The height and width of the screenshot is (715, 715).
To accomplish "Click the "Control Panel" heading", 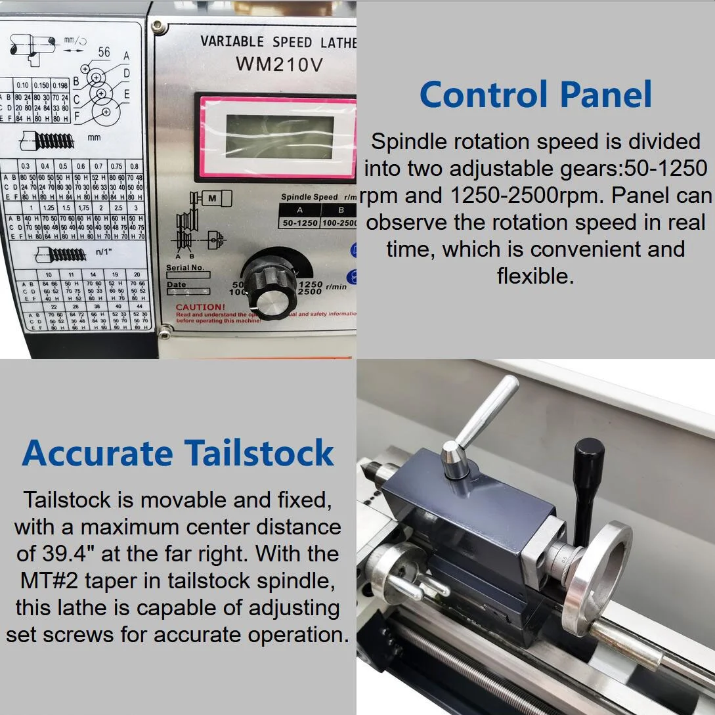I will pyautogui.click(x=535, y=94).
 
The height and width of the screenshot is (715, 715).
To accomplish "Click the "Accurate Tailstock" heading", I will pyautogui.click(x=178, y=452).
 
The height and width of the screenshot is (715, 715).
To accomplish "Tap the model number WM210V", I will pyautogui.click(x=279, y=64).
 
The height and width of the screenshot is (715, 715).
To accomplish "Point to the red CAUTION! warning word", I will pyautogui.click(x=200, y=307).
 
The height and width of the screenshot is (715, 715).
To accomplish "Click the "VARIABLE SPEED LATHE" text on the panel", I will pyautogui.click(x=278, y=42).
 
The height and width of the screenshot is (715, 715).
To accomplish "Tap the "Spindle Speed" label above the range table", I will pyautogui.click(x=309, y=197).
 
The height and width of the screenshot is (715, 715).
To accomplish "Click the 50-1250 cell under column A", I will pyautogui.click(x=299, y=223).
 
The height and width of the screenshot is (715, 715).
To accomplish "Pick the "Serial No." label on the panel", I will pyautogui.click(x=186, y=268).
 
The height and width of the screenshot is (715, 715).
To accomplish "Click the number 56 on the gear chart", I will pyautogui.click(x=104, y=52).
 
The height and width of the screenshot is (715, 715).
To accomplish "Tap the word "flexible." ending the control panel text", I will pyautogui.click(x=535, y=276).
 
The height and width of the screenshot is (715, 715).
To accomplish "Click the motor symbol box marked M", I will pyautogui.click(x=211, y=198).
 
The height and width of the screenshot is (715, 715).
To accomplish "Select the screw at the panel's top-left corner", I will pyautogui.click(x=157, y=27).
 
